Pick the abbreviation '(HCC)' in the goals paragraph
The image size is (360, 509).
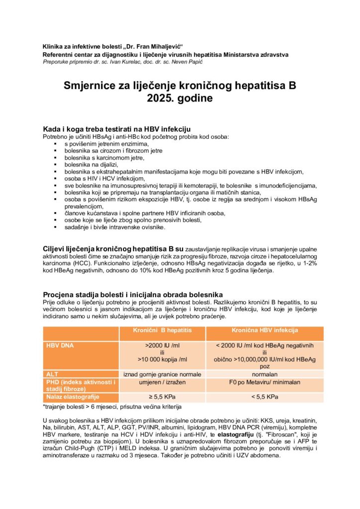click(x=82, y=264)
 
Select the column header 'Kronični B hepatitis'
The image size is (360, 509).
click(x=162, y=330)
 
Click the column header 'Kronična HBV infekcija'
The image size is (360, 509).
click(x=265, y=330)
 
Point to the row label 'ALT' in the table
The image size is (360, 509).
click(x=52, y=374)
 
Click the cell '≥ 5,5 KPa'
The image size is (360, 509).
click(x=162, y=397)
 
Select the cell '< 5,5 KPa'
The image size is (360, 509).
click(x=265, y=397)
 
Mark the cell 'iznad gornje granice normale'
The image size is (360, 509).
click(x=162, y=374)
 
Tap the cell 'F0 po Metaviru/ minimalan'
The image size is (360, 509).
click(x=265, y=382)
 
